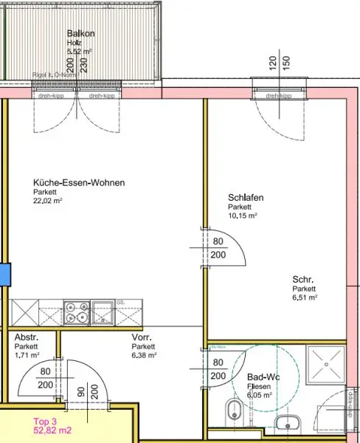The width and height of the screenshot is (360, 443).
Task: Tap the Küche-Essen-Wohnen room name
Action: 78,183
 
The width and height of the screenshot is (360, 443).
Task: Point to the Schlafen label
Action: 246,199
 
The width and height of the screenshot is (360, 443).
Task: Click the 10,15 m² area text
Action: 242,216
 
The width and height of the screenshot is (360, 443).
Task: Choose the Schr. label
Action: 303,280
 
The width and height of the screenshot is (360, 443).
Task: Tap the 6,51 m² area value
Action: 305,298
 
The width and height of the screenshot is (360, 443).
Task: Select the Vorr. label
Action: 142,337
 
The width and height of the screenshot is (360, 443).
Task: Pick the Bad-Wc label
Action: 263,377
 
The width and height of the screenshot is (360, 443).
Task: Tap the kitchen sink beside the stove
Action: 102,313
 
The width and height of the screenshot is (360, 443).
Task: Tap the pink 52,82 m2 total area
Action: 53,431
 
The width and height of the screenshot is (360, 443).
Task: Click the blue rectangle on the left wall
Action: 3,273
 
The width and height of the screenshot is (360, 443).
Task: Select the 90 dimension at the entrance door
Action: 80,391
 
